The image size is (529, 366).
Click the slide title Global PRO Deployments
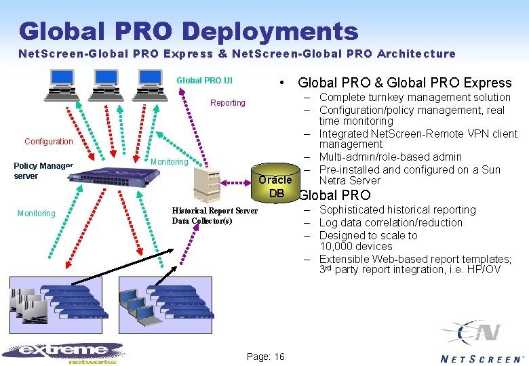click(x=189, y=30)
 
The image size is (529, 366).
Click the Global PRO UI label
click(x=204, y=80)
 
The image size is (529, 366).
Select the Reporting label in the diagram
click(x=228, y=103)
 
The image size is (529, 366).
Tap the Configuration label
click(x=48, y=142)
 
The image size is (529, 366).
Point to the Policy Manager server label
click(x=42, y=171)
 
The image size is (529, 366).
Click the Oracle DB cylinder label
click(x=275, y=186)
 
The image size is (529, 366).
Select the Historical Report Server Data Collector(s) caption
click(x=214, y=216)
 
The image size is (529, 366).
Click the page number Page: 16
click(x=266, y=357)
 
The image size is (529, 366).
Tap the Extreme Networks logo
click(x=64, y=351)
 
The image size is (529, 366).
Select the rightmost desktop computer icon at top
click(x=151, y=84)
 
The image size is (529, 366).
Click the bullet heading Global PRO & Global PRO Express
click(x=404, y=83)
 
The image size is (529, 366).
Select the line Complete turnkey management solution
click(x=414, y=97)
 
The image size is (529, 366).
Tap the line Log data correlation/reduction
click(x=391, y=222)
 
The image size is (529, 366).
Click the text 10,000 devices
click(x=355, y=246)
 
